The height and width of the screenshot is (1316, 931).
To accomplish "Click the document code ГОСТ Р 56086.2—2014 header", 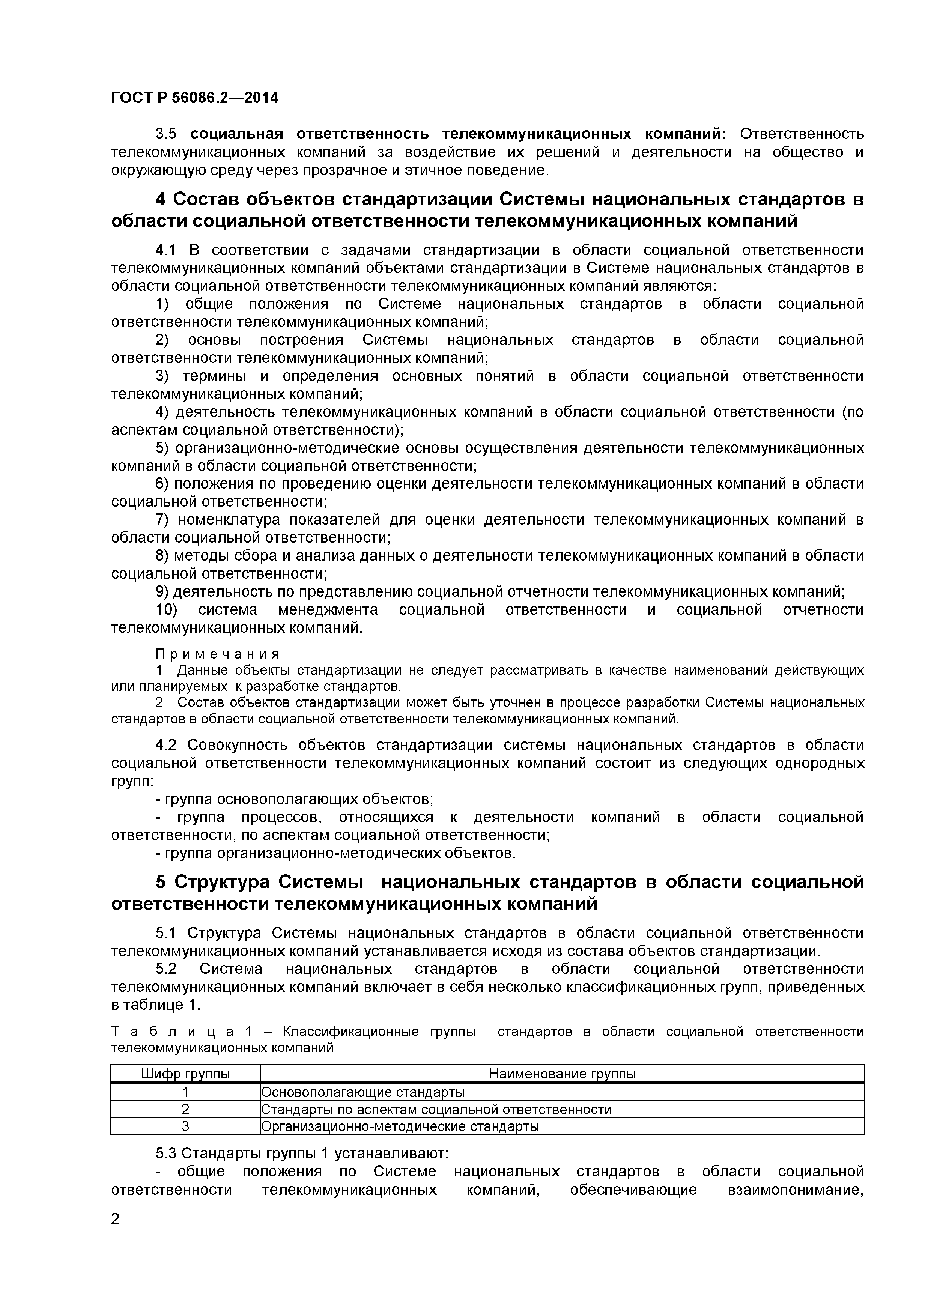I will click(x=194, y=98).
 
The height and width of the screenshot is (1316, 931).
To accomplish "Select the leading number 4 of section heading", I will click(x=161, y=200).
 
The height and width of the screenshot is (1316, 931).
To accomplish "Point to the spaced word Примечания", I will click(x=218, y=654).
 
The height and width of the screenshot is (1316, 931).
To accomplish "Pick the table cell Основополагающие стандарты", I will click(x=362, y=1092).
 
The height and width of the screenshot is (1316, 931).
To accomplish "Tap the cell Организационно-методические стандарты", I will click(x=400, y=1126).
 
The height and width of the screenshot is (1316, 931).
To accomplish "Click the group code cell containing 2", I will click(x=185, y=1109).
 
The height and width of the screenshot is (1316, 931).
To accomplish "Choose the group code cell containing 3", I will click(x=185, y=1126).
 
